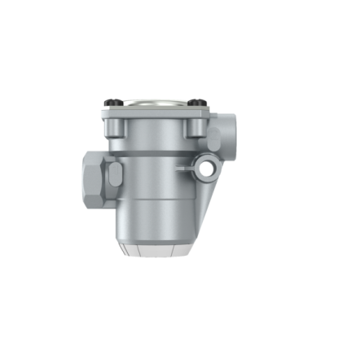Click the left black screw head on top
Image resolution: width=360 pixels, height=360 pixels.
click(112, 101)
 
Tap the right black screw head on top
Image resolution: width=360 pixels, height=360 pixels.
click(198, 101)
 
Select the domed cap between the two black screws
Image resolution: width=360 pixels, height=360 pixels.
click(155, 100)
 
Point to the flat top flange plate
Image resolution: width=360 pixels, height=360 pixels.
click(155, 112)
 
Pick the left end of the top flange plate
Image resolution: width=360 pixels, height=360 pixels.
click(105, 112)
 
